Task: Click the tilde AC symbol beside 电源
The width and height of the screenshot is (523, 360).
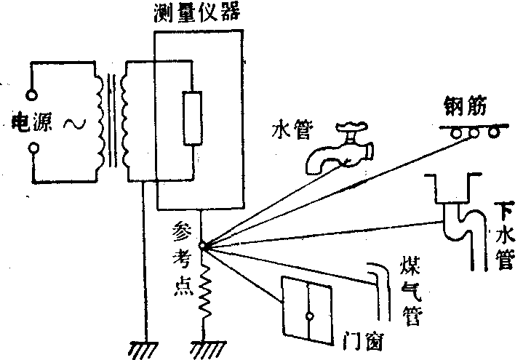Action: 73,123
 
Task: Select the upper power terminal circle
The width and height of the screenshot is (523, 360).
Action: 32,93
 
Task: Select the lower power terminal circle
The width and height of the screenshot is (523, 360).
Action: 33,150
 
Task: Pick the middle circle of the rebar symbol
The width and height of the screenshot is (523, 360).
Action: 475,132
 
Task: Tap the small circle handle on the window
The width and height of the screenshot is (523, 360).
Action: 309,317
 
